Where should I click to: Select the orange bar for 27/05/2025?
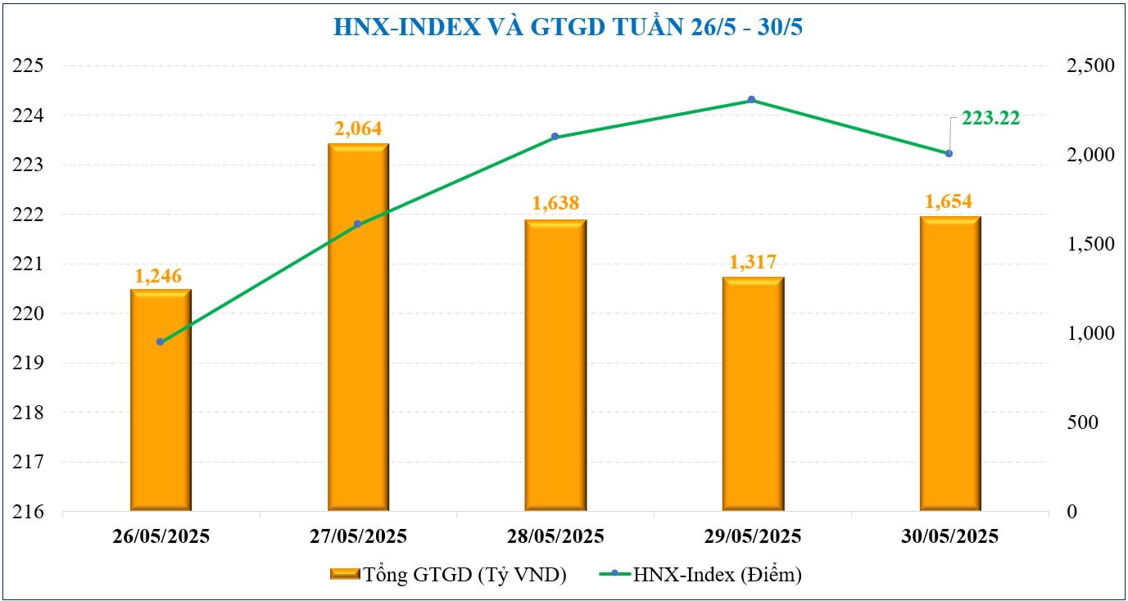[358, 328]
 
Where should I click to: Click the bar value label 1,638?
[555, 203]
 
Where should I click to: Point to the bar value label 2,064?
[358, 129]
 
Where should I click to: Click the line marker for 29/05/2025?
[752, 100]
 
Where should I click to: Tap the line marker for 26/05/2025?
[161, 342]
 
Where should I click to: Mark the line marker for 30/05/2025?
[949, 153]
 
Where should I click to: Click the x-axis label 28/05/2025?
[555, 537]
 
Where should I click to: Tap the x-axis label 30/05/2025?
[949, 537]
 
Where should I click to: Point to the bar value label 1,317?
[753, 263]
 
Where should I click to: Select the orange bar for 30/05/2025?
[949, 364]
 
